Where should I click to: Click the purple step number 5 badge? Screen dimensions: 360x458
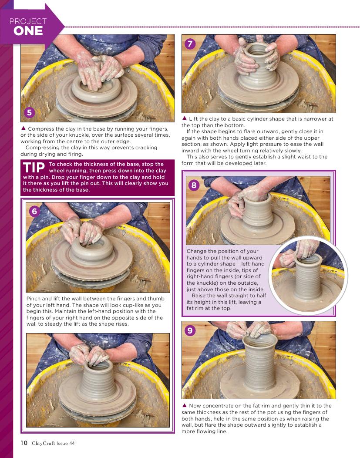[29, 113]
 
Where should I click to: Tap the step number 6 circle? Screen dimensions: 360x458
[34, 211]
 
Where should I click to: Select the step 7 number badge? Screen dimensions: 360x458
[190, 44]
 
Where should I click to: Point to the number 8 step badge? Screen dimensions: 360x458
[194, 185]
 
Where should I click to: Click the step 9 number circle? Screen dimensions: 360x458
[190, 330]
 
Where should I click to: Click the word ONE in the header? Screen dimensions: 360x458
[28, 31]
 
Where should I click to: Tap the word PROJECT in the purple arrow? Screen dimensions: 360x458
[28, 21]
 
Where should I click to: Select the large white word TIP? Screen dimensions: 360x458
[34, 167]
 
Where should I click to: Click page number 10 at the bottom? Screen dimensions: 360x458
[24, 443]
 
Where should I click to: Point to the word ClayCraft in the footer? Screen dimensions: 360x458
[44, 443]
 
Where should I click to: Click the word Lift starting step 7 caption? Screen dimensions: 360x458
[194, 118]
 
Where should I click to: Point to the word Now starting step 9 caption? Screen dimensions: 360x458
[195, 406]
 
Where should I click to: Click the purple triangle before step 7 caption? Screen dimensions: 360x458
[185, 118]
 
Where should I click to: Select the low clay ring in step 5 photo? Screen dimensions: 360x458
[96, 89]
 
